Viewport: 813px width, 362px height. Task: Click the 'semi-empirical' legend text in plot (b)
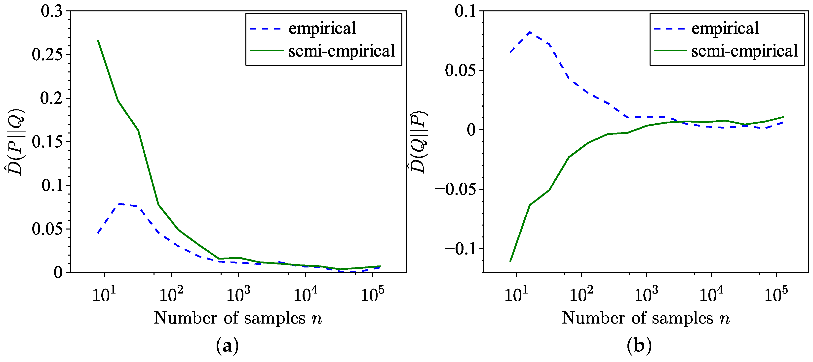pyautogui.click(x=744, y=51)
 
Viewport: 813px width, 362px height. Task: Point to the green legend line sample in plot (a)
pyautogui.click(x=267, y=50)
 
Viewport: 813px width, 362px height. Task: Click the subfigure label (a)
pyautogui.click(x=227, y=346)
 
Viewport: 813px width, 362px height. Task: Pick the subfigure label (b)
pyautogui.click(x=639, y=346)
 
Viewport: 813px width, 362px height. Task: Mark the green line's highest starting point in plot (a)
pyautogui.click(x=98, y=40)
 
